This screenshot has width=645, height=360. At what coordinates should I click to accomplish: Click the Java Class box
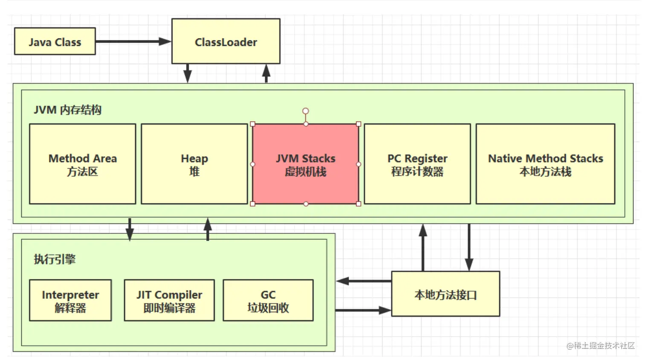(55, 41)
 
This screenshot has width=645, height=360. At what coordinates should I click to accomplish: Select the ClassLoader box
(226, 41)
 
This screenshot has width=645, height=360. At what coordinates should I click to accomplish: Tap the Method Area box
(83, 164)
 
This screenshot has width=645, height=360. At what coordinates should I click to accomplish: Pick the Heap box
(194, 164)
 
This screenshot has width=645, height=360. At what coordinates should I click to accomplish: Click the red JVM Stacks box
(305, 164)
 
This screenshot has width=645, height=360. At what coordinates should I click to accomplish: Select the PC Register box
(417, 164)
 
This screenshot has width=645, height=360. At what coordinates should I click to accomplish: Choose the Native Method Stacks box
(545, 164)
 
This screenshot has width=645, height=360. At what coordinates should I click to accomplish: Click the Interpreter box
(70, 300)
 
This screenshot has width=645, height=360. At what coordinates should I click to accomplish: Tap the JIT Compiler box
(169, 300)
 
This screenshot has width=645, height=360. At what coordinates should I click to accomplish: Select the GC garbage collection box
(268, 300)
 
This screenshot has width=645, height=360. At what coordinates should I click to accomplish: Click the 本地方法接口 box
(445, 294)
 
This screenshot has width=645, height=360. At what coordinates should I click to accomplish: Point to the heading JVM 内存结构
(67, 110)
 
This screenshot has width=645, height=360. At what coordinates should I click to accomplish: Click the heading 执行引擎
(55, 259)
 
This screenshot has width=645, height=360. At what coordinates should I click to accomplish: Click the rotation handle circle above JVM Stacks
(305, 111)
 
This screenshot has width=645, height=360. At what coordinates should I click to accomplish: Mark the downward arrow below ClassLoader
(187, 73)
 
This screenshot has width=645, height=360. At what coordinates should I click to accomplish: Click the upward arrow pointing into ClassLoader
(266, 73)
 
